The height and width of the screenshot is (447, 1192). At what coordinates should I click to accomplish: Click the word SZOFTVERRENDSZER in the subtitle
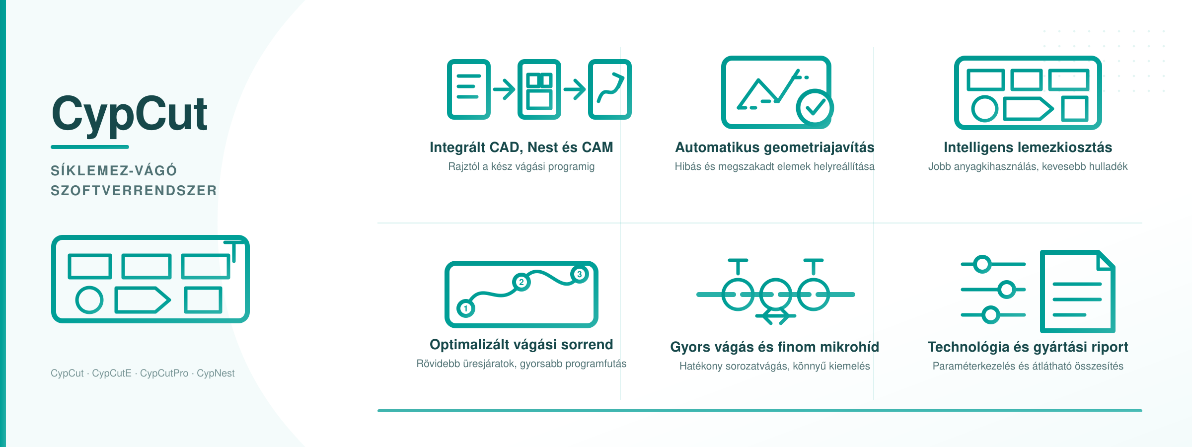pos(134,191)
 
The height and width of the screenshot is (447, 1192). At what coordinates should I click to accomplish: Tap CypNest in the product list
pos(216,373)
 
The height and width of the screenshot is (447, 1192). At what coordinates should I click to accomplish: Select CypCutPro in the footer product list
pos(164,373)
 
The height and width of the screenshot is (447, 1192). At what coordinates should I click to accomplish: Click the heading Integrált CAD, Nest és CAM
pos(521,148)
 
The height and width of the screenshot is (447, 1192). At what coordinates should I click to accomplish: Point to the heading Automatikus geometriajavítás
pos(775,148)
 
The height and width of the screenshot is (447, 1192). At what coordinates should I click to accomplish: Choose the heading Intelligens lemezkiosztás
pos(1028,148)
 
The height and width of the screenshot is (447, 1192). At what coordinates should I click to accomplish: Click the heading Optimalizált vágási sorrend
pos(521,344)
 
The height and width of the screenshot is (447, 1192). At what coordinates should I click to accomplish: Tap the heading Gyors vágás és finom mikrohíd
pos(775,347)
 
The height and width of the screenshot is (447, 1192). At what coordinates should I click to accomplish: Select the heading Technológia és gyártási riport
pos(1028,347)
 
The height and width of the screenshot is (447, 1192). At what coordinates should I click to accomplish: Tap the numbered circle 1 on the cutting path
pos(465,308)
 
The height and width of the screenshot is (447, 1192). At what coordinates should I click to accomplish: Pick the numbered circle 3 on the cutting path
pos(579,274)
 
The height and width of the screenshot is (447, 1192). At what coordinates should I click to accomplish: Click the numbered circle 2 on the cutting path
pos(521,282)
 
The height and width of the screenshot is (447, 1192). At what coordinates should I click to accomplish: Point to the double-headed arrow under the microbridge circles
pos(776,316)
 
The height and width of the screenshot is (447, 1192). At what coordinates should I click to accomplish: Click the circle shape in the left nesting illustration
pos(89,300)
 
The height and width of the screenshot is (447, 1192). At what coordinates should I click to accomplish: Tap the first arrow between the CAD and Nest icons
pos(504,89)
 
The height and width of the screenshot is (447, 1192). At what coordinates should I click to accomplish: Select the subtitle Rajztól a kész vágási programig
pos(521,166)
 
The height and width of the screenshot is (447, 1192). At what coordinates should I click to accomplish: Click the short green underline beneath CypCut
pos(90,147)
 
